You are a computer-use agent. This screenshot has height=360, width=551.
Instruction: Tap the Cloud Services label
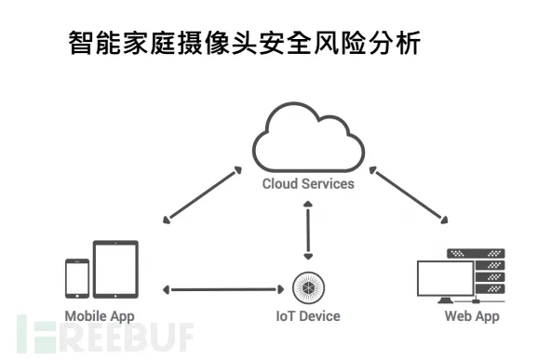click(x=308, y=184)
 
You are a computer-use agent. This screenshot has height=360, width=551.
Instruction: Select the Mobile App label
click(x=100, y=316)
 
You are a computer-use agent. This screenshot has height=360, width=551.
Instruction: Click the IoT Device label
click(x=307, y=316)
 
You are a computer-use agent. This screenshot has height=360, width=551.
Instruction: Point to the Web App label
click(x=471, y=316)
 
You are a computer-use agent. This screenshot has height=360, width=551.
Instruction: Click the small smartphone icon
click(x=76, y=276)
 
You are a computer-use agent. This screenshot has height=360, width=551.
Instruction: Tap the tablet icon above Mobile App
click(x=115, y=269)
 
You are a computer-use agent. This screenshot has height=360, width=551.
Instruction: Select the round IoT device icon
click(x=307, y=286)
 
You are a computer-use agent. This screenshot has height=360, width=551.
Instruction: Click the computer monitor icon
click(x=445, y=280)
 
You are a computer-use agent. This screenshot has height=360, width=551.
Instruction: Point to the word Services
click(x=328, y=184)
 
